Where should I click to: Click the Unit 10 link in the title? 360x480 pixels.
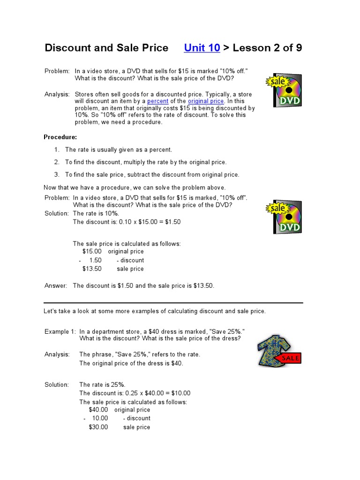202,48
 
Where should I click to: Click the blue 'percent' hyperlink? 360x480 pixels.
158,101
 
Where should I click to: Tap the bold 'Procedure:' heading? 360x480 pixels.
60,137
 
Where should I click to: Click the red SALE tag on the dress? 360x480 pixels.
289,359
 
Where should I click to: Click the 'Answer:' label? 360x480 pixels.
56,286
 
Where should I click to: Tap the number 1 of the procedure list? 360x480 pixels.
56,150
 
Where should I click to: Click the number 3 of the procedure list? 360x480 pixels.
56,175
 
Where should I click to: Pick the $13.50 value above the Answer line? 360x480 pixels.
92,269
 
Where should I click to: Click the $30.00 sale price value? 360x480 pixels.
98,427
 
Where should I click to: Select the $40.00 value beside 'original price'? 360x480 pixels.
98,410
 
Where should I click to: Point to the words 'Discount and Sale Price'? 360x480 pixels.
106,48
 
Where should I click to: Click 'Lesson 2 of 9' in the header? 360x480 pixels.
266,48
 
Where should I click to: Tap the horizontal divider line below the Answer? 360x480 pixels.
173,303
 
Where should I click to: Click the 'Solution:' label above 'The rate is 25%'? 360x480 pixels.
57,385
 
